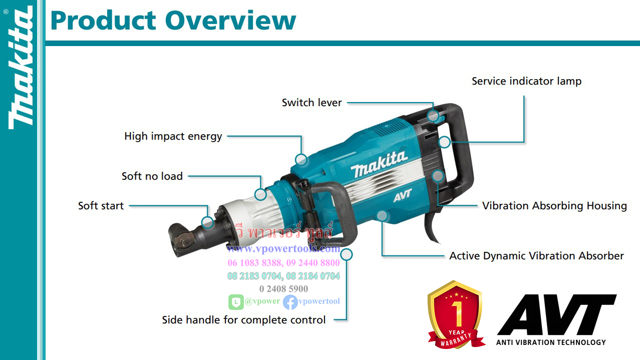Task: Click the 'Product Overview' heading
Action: coord(173,21)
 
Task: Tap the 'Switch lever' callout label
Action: coord(311,103)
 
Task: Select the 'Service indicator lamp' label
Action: coord(526,81)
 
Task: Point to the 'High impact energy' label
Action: coord(173,136)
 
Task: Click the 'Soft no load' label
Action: coord(152,176)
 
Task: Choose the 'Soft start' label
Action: coord(101,206)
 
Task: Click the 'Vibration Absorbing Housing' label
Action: coord(554,206)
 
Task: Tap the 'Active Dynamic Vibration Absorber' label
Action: coord(536,256)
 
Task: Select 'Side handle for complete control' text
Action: coord(244,320)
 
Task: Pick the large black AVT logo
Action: coord(556,315)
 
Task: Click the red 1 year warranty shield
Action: coord(455,314)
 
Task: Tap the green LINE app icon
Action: coord(236,302)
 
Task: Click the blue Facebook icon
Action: coord(290,302)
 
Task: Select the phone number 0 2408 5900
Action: coord(283,289)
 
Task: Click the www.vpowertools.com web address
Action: coord(283,249)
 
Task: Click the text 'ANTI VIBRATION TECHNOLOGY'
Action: coord(551,342)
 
